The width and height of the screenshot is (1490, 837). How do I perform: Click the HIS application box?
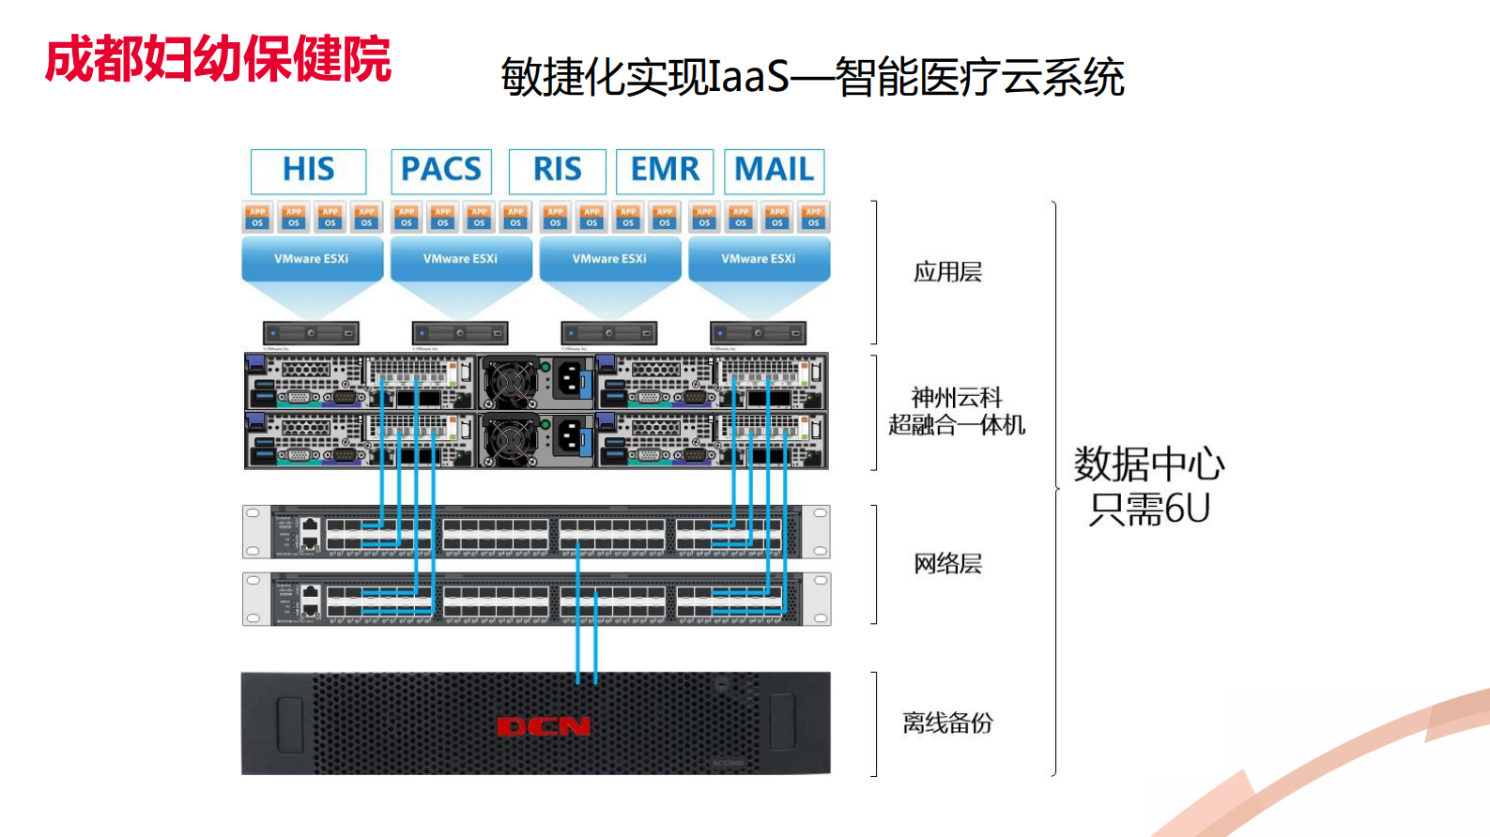[x=308, y=170]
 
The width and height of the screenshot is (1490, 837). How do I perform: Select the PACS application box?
[x=440, y=170]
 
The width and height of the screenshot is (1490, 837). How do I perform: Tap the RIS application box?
[x=557, y=170]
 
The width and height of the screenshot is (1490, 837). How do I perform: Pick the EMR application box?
[x=665, y=170]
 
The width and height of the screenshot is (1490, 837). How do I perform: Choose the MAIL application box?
[x=774, y=170]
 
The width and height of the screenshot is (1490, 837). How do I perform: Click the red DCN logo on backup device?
[x=543, y=726]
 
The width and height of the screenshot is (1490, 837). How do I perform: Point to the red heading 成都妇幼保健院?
[x=218, y=59]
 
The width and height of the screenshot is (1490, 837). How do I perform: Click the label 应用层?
[x=947, y=272]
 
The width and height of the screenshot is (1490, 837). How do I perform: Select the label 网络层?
[x=947, y=563]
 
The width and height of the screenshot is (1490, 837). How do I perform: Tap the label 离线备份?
[x=947, y=723]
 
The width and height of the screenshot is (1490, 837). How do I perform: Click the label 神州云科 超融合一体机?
[x=956, y=411]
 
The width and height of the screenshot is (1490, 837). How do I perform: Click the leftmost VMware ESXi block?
[x=312, y=259]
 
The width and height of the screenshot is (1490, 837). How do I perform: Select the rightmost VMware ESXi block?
[x=759, y=259]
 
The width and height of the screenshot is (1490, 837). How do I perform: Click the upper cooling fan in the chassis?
[x=510, y=381]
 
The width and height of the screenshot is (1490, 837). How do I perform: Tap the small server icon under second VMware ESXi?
[x=460, y=333]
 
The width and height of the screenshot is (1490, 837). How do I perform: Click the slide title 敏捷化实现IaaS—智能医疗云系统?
[x=812, y=77]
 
